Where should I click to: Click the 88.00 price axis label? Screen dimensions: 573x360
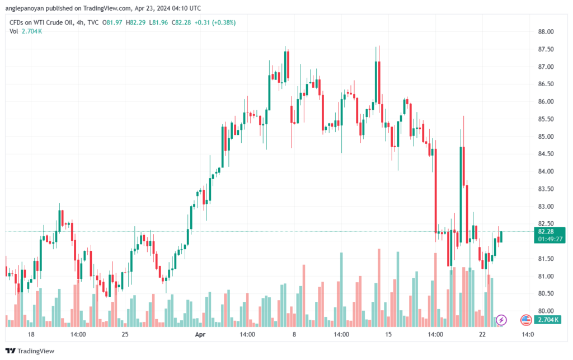(546, 32)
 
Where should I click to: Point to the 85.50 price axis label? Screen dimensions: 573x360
(546, 119)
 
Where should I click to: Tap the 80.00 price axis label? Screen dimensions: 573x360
(546, 311)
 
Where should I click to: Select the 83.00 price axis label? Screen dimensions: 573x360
(546, 207)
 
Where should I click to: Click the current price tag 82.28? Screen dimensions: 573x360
(546, 232)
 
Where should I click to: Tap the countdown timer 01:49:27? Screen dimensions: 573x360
(550, 240)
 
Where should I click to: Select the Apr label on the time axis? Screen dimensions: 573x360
(200, 334)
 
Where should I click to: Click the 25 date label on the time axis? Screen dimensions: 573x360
(125, 334)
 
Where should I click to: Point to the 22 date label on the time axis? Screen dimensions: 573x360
(482, 334)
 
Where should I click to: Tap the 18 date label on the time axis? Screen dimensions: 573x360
(31, 334)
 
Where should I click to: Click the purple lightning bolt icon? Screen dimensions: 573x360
(501, 320)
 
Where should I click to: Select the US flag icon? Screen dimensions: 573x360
(526, 320)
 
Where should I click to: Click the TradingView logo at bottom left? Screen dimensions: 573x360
(30, 351)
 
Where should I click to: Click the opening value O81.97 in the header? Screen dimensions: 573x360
(112, 22)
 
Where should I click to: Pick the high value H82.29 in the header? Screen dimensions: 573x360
(135, 22)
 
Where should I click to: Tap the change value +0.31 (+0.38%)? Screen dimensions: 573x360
(215, 22)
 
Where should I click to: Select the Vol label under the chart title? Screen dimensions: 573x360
(13, 31)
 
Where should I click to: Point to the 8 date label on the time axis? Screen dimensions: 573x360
(294, 334)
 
